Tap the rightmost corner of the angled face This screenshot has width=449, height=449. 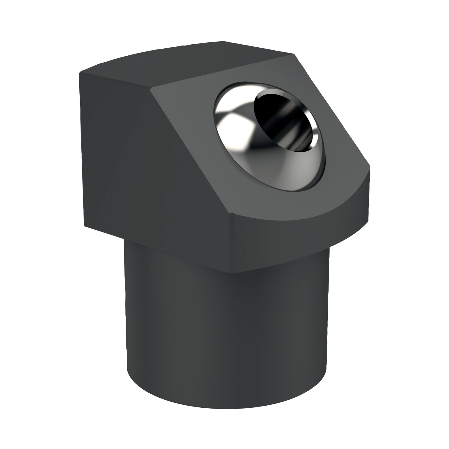point(371,168)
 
